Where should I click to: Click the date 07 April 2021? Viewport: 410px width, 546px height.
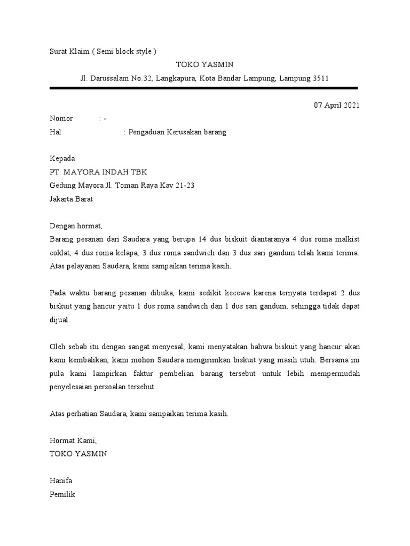point(336,105)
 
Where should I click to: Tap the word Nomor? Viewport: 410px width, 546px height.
point(61,118)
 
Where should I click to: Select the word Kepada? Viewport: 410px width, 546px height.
point(62,158)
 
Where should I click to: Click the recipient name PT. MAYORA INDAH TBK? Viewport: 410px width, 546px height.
point(98,172)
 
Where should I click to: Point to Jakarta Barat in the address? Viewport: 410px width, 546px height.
point(71,199)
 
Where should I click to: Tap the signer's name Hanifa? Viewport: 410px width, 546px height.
point(61,480)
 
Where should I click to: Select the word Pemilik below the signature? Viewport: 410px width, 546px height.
point(62,494)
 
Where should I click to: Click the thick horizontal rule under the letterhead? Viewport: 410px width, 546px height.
point(203,88)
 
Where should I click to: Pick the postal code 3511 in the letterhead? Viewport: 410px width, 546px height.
point(320,78)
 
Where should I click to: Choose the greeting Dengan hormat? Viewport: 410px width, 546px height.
point(75,226)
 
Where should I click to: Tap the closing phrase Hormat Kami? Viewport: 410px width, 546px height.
point(73,440)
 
